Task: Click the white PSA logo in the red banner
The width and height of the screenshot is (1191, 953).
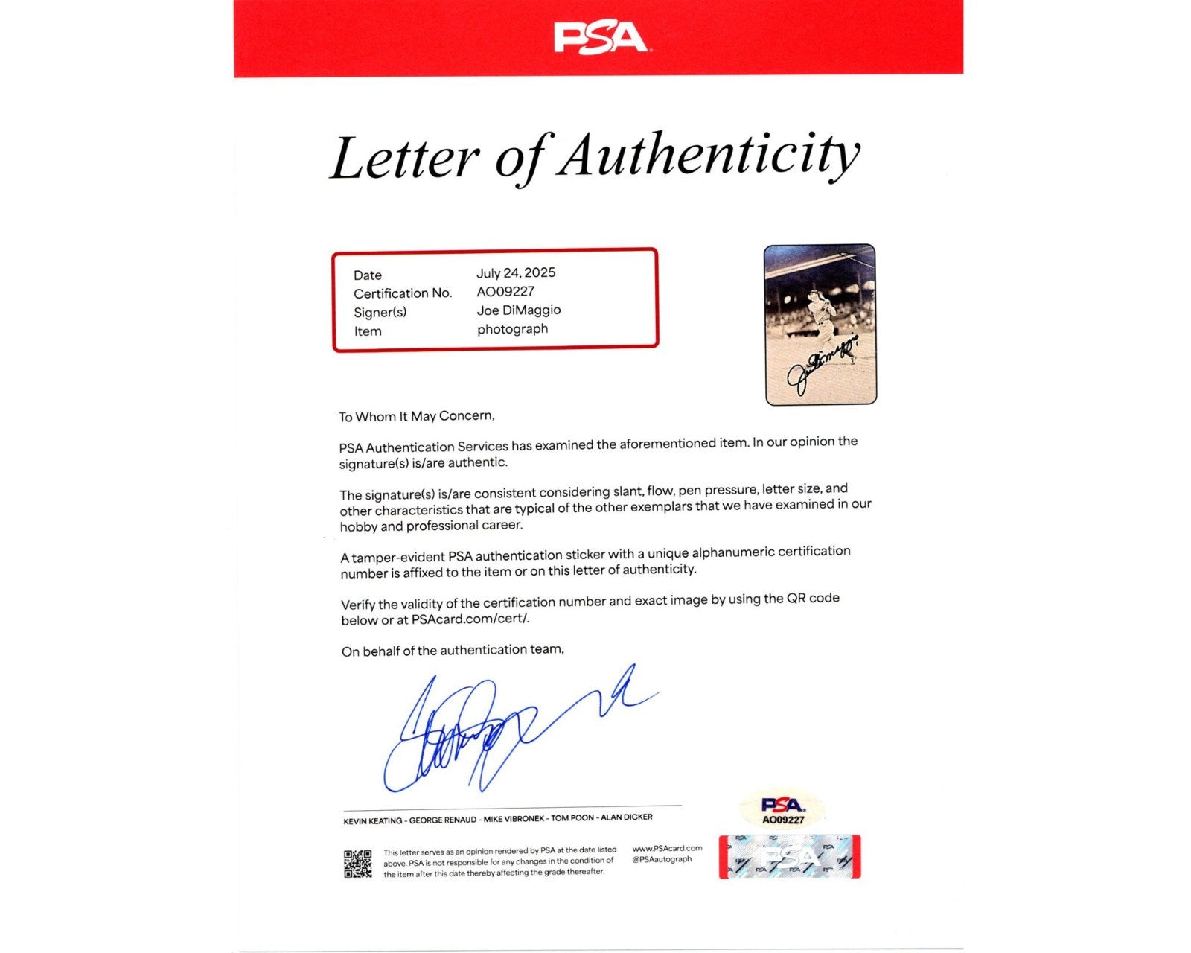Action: point(600,38)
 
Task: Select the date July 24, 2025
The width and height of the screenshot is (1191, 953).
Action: point(516,273)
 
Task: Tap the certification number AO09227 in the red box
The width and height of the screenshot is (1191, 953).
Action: point(505,292)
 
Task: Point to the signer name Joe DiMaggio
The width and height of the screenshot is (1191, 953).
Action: point(519,310)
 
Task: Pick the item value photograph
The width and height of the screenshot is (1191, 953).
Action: point(512,329)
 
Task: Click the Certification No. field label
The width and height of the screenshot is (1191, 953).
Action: point(403,293)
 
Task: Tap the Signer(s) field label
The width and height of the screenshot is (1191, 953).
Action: point(380,312)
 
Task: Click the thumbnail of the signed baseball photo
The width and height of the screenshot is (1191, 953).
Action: point(820,325)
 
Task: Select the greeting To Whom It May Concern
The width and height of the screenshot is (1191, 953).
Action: point(416,416)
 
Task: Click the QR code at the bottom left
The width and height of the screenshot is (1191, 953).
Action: point(357,864)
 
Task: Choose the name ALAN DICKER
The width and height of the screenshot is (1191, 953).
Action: point(627,817)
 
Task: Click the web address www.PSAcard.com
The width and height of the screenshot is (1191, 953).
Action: point(667,848)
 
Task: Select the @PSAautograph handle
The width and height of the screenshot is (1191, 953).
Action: point(662,859)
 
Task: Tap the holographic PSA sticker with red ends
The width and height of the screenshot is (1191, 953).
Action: point(790,857)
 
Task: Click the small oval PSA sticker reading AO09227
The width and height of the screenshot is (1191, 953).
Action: point(783,810)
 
